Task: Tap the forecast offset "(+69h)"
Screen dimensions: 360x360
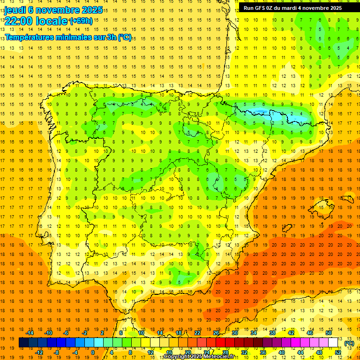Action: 81,21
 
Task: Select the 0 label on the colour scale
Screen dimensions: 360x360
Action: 93,352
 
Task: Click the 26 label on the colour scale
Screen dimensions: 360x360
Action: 216,333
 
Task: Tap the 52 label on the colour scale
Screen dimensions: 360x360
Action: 337,352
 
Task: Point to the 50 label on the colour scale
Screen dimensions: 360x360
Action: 328,333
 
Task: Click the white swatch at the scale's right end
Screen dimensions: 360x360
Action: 333,343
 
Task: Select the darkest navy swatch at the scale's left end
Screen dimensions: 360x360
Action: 23,343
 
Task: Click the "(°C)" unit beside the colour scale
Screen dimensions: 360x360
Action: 349,343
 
